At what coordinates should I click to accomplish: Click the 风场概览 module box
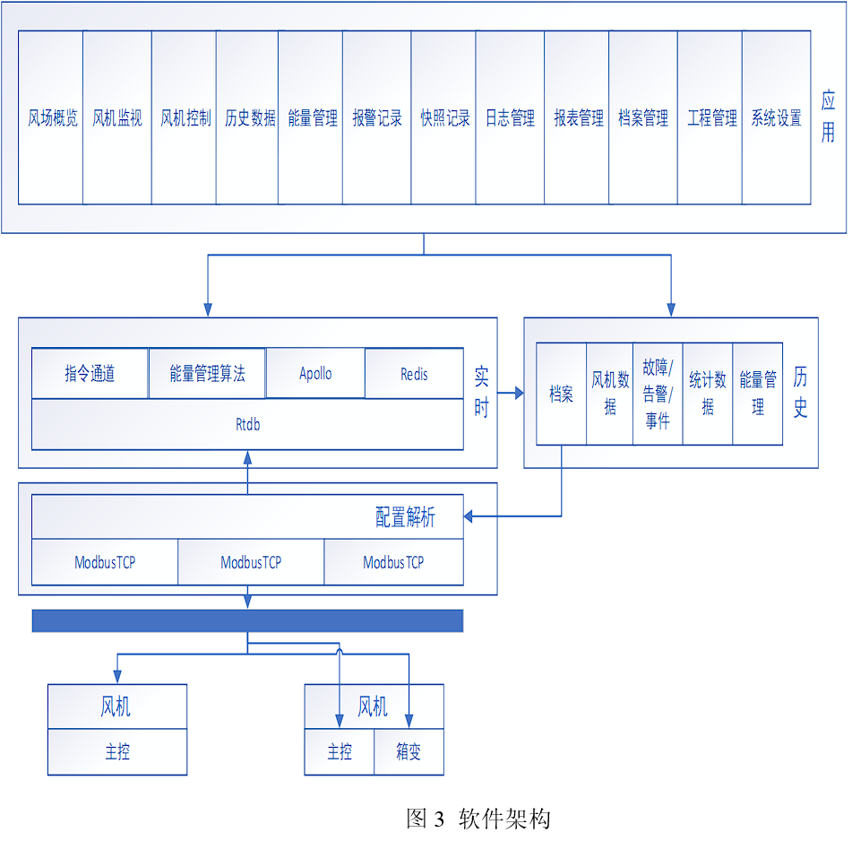[51, 117]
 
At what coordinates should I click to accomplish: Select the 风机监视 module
[117, 117]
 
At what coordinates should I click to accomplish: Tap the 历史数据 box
[248, 117]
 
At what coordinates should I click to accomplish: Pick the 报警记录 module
[377, 117]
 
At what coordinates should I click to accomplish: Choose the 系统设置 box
[776, 117]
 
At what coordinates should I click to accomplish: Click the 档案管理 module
[643, 117]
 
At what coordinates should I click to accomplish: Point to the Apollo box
[315, 373]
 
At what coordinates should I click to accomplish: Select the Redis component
[414, 373]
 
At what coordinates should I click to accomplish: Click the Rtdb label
[247, 424]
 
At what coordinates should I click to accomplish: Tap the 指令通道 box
[90, 373]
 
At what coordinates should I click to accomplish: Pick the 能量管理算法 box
[207, 373]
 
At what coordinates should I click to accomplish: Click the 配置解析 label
[405, 517]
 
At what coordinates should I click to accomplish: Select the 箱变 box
[409, 751]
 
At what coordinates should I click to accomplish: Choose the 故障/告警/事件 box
[657, 394]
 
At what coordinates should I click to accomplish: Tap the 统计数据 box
[707, 394]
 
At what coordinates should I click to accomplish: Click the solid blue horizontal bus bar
[247, 620]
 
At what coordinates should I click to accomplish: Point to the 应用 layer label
[828, 117]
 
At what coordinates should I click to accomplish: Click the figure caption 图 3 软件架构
[478, 818]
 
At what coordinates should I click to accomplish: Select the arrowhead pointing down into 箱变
[409, 721]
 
